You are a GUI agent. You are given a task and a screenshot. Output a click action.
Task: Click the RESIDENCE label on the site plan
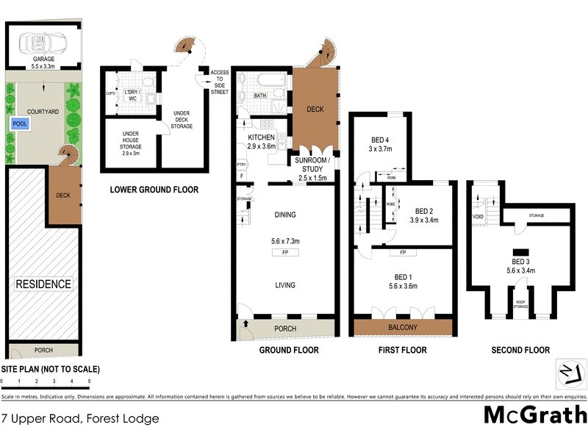click(45, 284)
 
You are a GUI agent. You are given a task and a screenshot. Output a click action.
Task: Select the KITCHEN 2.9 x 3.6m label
click(261, 142)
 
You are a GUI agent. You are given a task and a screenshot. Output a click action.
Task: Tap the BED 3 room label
click(521, 266)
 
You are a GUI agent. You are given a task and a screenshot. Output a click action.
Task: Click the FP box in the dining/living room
click(284, 252)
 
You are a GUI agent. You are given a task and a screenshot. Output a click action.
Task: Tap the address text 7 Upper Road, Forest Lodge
click(79, 419)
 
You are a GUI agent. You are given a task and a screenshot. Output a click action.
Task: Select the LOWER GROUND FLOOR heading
click(154, 190)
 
